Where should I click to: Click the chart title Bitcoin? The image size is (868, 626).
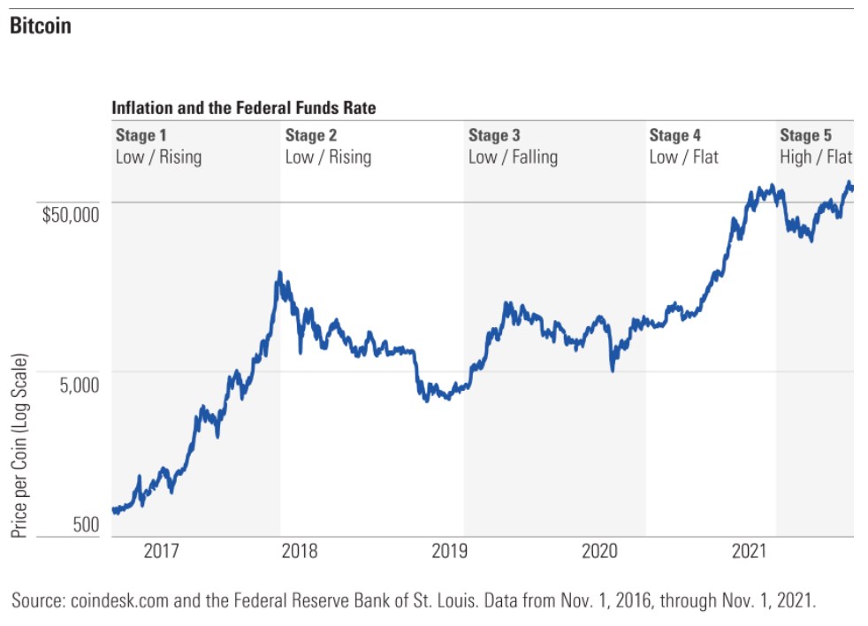[41, 26]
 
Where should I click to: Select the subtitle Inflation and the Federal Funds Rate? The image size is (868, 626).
[243, 108]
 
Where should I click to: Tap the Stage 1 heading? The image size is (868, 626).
[141, 135]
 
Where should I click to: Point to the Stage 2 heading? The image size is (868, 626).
[311, 135]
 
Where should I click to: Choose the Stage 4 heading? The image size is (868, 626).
[675, 135]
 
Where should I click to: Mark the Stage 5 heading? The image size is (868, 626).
[805, 135]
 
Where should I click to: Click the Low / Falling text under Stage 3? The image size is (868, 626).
[513, 157]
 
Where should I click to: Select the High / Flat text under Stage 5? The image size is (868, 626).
[816, 157]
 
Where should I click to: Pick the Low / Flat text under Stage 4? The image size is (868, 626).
[683, 157]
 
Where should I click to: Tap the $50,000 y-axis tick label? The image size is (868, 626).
[72, 213]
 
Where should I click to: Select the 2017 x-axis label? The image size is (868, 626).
[161, 552]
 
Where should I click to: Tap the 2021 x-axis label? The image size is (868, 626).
[748, 552]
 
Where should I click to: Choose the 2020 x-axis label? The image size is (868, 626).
[600, 552]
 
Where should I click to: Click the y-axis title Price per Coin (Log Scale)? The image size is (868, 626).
[19, 447]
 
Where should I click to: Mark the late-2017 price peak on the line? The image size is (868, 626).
[279, 273]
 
